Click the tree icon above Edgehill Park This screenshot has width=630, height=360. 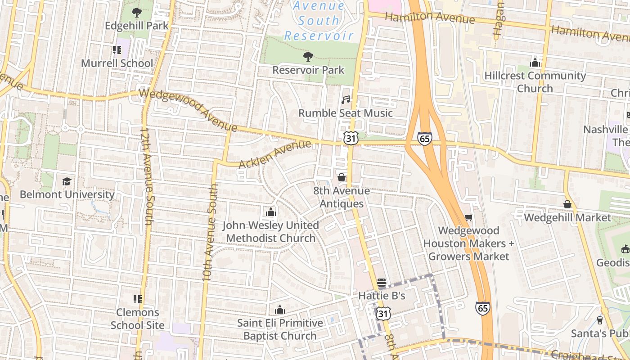pyautogui.click(x=136, y=13)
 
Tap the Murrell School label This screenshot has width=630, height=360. pyautogui.click(x=117, y=63)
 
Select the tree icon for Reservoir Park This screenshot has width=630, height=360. pyautogui.click(x=308, y=57)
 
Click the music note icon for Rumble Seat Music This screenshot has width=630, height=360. pyautogui.click(x=346, y=99)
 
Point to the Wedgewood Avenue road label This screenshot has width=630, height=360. pyautogui.click(x=188, y=110)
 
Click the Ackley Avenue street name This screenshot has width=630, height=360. pyautogui.click(x=274, y=154)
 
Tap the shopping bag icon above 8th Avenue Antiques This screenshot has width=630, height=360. pyautogui.click(x=342, y=177)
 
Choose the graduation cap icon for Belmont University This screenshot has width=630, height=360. pyautogui.click(x=67, y=181)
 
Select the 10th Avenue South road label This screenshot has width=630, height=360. pyautogui.click(x=211, y=232)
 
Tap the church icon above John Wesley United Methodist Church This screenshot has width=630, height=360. pyautogui.click(x=271, y=211)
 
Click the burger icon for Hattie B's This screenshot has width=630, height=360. pyautogui.click(x=382, y=283)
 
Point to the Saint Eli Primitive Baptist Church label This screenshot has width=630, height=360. pyautogui.click(x=280, y=329)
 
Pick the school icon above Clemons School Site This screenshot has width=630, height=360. pyautogui.click(x=138, y=299)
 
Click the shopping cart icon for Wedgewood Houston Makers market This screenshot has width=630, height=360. pyautogui.click(x=468, y=218)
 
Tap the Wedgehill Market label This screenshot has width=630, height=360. pyautogui.click(x=567, y=218)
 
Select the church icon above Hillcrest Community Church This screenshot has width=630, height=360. pyautogui.click(x=535, y=63)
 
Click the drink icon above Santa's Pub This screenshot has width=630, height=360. pyautogui.click(x=599, y=320)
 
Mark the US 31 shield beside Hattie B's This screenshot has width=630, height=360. pyautogui.click(x=382, y=313)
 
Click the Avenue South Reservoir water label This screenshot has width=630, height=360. pyautogui.click(x=319, y=21)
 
